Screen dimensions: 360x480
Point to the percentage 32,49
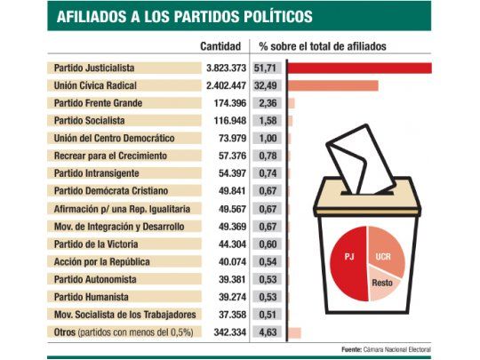pyautogui.click(x=267, y=85)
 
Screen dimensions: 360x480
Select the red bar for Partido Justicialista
pyautogui.click(x=359, y=68)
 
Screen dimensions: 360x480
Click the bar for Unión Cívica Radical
pyautogui.click(x=332, y=85)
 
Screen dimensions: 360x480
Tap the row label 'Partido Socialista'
pyautogui.click(x=89, y=121)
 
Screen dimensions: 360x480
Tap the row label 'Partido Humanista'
pyautogui.click(x=90, y=297)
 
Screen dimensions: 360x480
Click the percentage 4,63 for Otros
pyautogui.click(x=268, y=332)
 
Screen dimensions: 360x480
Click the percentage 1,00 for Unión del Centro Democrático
pyautogui.click(x=268, y=139)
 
